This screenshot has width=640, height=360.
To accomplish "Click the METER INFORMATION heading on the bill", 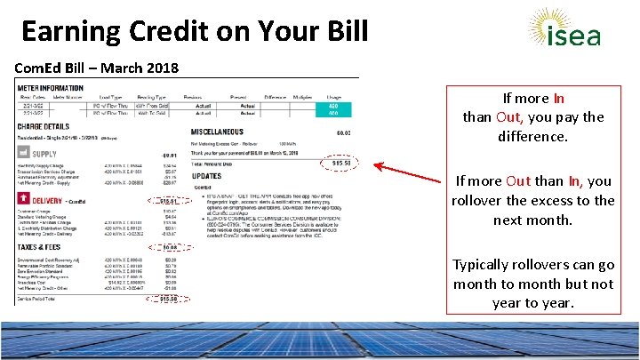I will coord(50,88).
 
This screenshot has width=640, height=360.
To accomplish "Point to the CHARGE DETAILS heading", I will coord(44,127).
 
